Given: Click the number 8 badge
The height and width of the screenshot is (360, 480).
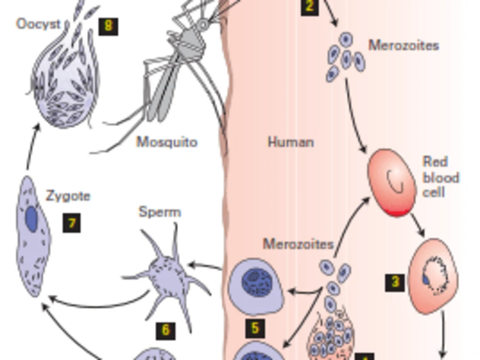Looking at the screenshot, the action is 108,26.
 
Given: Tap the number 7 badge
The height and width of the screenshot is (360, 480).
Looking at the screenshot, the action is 72,223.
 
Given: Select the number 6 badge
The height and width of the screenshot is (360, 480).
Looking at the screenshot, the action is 166,331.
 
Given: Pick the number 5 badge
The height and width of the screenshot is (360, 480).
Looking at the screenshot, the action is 255,328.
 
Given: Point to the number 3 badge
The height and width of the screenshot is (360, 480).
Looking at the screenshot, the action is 395,282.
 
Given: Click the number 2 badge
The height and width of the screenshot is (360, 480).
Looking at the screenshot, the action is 310,7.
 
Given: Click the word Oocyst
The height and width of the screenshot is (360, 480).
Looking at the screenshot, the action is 38,24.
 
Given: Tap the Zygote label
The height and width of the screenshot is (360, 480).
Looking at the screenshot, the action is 68,196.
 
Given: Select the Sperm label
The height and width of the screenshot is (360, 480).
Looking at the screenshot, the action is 160,212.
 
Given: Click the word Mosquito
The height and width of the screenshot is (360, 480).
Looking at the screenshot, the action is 167,142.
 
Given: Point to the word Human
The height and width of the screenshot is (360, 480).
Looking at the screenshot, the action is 291,143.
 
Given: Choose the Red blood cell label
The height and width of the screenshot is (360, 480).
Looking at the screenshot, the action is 441,177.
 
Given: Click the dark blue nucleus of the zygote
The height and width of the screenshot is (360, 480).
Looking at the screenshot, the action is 32,218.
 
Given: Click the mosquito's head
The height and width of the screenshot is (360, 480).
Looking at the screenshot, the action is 203,25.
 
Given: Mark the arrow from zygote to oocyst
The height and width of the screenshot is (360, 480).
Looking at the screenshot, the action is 33,146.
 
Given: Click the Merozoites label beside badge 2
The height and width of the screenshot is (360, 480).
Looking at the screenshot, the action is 404,46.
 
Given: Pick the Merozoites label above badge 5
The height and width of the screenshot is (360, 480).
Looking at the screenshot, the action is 298,244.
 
